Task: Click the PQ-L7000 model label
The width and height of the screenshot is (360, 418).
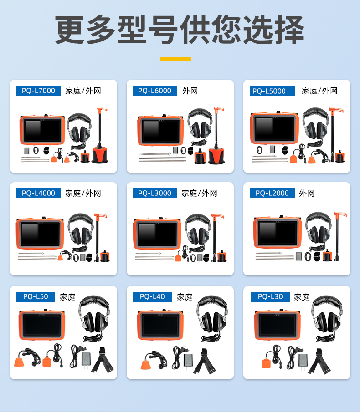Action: (38, 91)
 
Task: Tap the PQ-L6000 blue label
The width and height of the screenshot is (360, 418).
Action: (155, 91)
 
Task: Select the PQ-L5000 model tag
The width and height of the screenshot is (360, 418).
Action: (272, 91)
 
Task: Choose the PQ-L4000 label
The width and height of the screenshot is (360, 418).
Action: (38, 193)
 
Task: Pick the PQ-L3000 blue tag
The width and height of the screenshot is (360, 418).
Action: (155, 193)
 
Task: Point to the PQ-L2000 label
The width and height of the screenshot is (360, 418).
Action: (272, 193)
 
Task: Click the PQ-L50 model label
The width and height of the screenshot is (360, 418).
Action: (36, 297)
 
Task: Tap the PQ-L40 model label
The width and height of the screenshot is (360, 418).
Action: (152, 297)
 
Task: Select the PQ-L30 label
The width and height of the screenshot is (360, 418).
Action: (270, 297)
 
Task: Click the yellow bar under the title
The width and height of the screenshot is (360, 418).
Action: (175, 59)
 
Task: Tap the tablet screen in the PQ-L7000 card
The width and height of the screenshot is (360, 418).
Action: (42, 130)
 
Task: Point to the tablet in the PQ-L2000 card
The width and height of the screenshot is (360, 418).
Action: (278, 232)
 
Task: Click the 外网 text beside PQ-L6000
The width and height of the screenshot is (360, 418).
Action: (190, 91)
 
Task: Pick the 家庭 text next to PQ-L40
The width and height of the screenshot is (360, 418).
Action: (185, 297)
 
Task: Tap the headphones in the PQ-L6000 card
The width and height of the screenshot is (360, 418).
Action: (200, 125)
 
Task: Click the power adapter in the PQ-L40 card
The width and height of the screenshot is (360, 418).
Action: (188, 361)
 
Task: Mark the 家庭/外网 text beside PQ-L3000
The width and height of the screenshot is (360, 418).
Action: (199, 193)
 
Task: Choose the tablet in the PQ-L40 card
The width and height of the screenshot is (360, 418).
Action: (160, 325)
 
